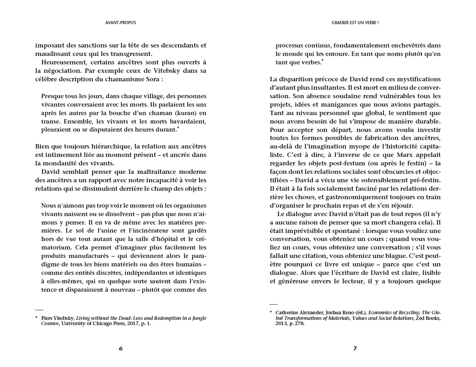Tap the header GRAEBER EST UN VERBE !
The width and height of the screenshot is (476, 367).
pos(355,23)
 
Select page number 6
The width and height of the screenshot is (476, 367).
pos(121,348)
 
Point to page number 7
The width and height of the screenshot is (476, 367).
pos(355,348)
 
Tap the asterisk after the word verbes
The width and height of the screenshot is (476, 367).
pos(322,60)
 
